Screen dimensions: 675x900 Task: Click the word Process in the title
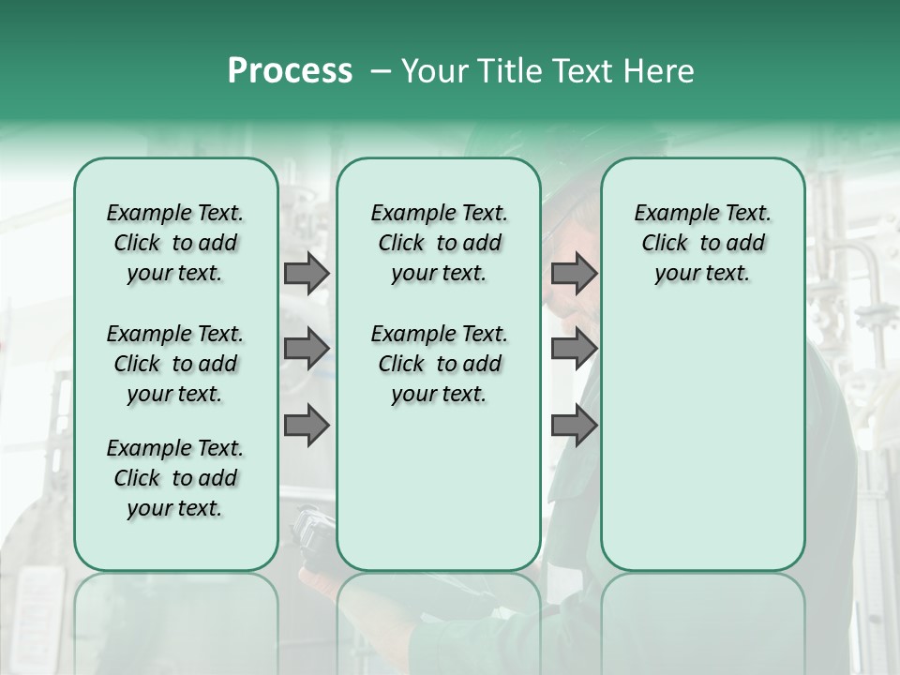point(290,71)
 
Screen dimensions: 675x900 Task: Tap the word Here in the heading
point(659,71)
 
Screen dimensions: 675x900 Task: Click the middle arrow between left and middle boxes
point(307,349)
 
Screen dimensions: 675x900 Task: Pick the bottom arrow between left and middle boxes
point(307,425)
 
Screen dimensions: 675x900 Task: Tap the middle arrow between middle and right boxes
point(574,349)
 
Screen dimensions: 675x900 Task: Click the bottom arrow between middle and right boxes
point(574,425)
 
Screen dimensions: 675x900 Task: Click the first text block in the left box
point(175,243)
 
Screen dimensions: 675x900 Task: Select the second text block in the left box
point(175,364)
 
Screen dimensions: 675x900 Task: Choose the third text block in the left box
point(175,478)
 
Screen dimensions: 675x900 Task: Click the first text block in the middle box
point(439,243)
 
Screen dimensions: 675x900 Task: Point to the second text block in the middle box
point(439,364)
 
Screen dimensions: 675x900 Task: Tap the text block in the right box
point(702,243)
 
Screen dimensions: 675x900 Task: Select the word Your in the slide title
point(428,71)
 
